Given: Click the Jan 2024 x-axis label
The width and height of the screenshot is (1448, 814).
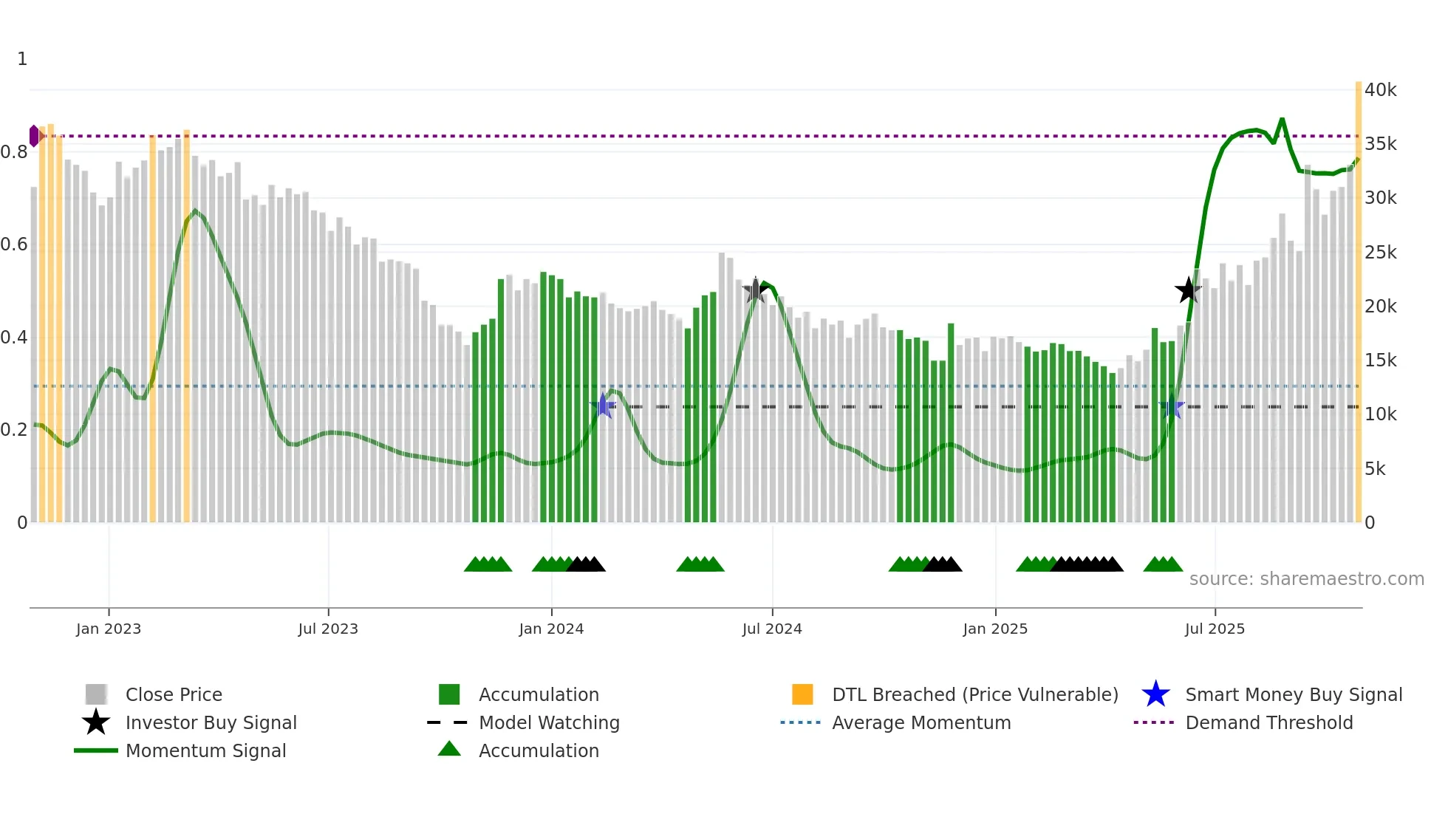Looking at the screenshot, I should click(551, 629).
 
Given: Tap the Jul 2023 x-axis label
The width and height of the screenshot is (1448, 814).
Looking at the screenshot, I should click(328, 629).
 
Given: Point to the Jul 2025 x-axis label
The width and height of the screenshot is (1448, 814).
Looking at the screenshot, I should click(1215, 629).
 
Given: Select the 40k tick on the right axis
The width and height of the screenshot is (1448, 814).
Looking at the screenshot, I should click(1380, 90).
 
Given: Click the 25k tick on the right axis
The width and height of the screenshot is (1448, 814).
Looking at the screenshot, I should click(1380, 253).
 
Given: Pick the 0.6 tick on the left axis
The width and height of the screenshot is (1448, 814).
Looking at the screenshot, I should click(15, 244).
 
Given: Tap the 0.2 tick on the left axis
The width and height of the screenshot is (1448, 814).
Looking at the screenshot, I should click(15, 430).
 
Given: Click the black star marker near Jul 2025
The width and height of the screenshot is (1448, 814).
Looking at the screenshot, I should click(1188, 290).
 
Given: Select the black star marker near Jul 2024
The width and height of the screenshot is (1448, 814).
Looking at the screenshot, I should click(755, 290).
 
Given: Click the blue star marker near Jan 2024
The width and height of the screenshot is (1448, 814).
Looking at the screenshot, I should click(604, 406).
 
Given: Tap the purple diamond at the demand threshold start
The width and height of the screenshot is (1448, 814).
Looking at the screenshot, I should click(34, 136).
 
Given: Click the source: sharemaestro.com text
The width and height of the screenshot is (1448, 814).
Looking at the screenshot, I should click(1306, 579).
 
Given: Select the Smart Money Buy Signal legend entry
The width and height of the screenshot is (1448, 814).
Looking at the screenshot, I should click(1293, 694).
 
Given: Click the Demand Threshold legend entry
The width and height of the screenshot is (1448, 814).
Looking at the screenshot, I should click(1268, 722).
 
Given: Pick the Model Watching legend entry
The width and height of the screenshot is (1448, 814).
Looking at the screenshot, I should click(548, 722).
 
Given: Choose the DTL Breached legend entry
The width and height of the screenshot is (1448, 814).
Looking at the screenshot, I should click(974, 694).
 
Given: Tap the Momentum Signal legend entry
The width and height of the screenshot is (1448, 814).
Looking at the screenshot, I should click(205, 750).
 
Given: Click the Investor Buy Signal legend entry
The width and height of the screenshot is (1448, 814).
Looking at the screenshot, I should click(211, 722).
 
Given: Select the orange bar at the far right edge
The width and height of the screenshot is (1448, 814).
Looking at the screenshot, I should click(1358, 295).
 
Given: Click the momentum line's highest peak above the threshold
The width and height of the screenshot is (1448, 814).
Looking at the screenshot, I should click(1282, 120).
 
